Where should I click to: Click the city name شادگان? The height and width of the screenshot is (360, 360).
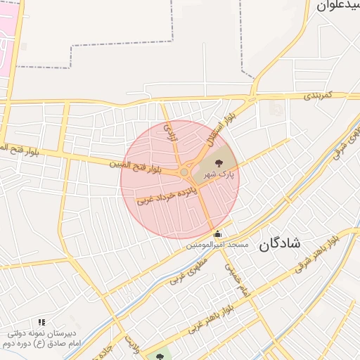pos(279,244)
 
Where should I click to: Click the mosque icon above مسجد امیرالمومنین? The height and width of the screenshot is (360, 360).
pos(217,234)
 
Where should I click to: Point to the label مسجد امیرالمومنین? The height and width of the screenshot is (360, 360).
pos(217,245)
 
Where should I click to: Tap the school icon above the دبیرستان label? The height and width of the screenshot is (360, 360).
pos(41,322)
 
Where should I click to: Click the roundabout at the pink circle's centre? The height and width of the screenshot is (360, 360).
pos(184,172)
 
